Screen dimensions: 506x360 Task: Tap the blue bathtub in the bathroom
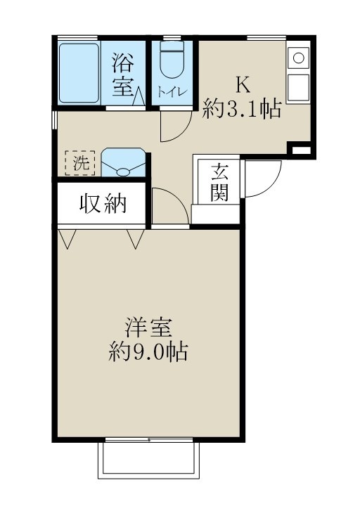point(79,72)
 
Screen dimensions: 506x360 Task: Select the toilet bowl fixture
point(172,64)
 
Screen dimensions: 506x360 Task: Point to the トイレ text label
point(172,91)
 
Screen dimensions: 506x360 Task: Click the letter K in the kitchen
point(242,85)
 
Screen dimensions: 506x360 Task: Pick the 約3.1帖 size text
point(242,109)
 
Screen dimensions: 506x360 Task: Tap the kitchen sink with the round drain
point(297,58)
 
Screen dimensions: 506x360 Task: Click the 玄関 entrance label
point(219,182)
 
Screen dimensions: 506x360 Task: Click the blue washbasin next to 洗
point(124,162)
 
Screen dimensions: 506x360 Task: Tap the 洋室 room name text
point(148,328)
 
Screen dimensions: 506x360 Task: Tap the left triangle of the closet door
point(67,239)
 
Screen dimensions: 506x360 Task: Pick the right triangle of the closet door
point(136,239)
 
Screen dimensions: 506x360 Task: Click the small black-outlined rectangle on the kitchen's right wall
point(300,150)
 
